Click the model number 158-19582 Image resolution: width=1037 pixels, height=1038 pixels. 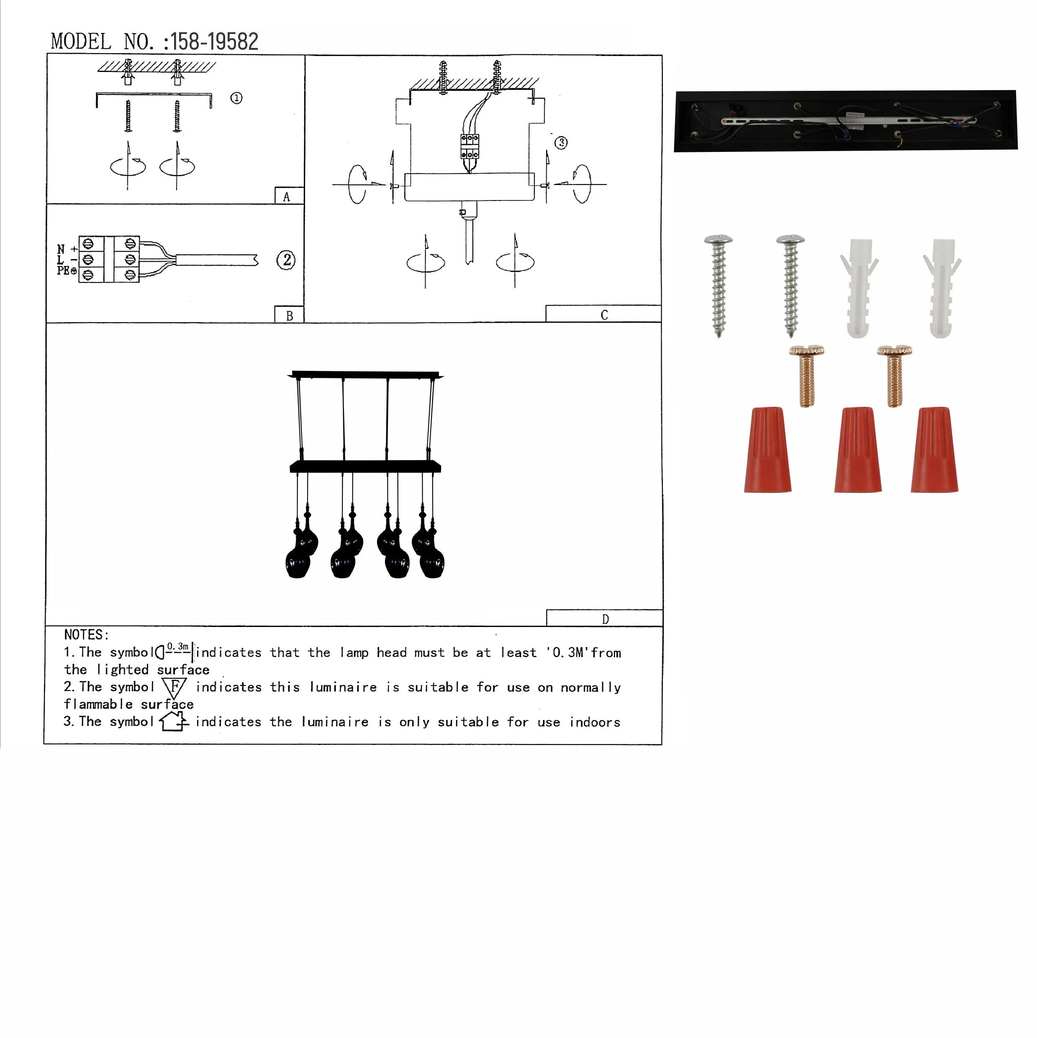(214, 42)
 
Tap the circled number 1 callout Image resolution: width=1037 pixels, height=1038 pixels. (236, 98)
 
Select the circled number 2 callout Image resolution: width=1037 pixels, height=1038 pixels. (286, 260)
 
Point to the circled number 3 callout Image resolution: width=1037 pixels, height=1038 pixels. (561, 142)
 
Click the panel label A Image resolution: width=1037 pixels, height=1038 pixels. (286, 197)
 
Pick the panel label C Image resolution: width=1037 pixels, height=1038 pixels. (604, 315)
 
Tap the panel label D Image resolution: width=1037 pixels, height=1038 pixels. (606, 619)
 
